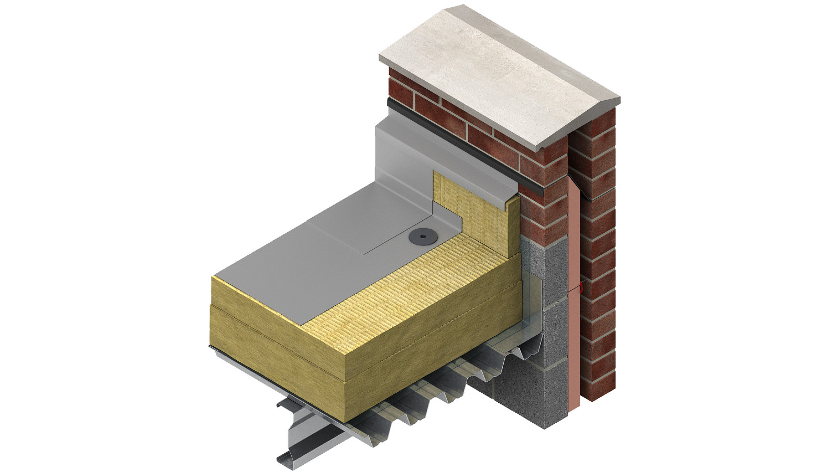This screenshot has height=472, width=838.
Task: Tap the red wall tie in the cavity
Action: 581,287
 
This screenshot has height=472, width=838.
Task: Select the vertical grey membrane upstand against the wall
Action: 403,157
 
